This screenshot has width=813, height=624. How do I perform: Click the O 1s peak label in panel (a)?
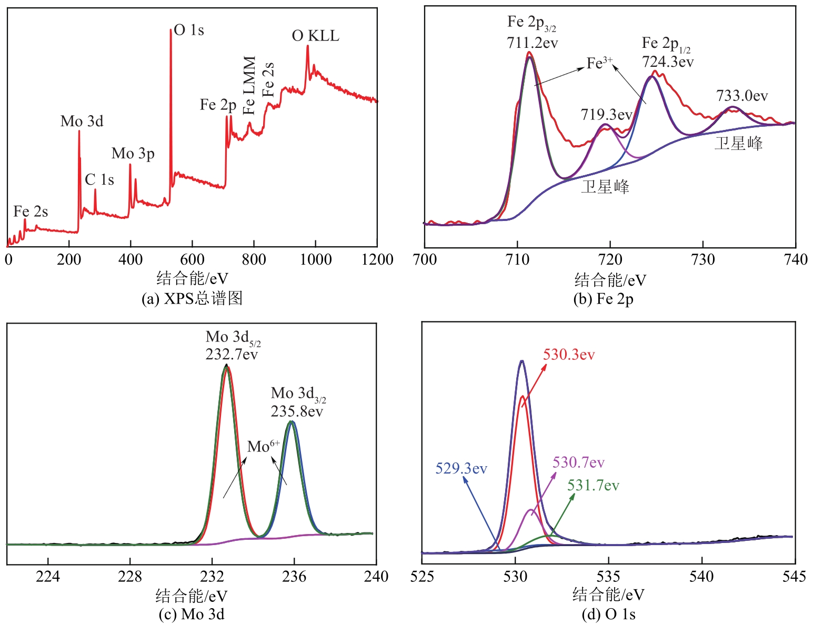click(189, 31)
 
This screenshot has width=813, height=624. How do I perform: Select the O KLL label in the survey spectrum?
click(316, 36)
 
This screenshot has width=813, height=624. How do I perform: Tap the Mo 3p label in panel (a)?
click(133, 154)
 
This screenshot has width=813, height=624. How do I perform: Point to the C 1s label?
click(99, 180)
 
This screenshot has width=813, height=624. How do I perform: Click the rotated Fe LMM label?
click(249, 85)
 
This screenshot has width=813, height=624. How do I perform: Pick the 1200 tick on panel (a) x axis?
click(377, 259)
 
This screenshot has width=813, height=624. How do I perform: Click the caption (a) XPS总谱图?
click(192, 299)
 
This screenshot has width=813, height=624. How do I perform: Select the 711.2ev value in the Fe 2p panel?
click(533, 43)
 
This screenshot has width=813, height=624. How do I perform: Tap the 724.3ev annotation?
click(668, 62)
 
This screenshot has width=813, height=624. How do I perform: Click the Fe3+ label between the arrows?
click(600, 63)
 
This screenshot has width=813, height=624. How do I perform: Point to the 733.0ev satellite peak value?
click(742, 96)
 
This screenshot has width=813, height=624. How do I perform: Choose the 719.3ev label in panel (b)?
click(606, 115)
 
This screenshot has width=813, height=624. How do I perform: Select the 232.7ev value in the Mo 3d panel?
click(232, 354)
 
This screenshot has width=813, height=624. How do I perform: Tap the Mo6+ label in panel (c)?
click(264, 447)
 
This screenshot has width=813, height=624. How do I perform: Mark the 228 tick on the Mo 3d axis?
click(130, 577)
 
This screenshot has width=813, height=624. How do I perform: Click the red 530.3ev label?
click(569, 355)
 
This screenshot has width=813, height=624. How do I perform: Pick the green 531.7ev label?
click(593, 486)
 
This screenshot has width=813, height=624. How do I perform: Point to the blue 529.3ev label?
click(461, 468)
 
